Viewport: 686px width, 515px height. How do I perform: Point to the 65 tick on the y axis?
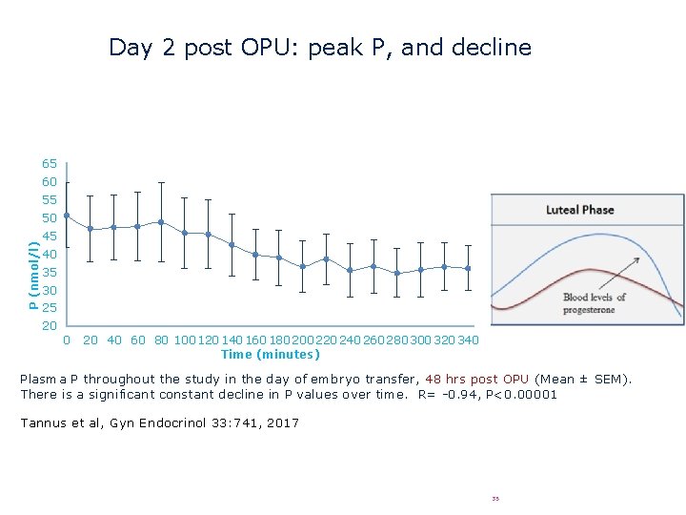click(50, 164)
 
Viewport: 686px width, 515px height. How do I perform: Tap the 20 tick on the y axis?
click(50, 326)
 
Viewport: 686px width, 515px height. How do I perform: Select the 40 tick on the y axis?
click(50, 255)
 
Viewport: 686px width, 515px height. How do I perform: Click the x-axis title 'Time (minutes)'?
click(270, 355)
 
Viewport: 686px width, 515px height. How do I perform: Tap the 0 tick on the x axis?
click(66, 340)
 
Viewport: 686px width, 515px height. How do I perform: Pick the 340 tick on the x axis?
click(468, 340)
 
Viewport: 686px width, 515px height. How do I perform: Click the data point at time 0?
click(67, 216)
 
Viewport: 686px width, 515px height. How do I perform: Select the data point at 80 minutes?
click(161, 222)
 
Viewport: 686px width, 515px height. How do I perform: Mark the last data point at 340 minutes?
click(468, 269)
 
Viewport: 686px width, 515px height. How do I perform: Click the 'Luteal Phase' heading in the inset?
click(579, 210)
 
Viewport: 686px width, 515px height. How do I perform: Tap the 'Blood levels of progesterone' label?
click(595, 303)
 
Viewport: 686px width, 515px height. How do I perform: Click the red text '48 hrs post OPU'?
click(476, 379)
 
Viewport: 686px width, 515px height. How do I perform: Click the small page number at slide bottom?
click(495, 498)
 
